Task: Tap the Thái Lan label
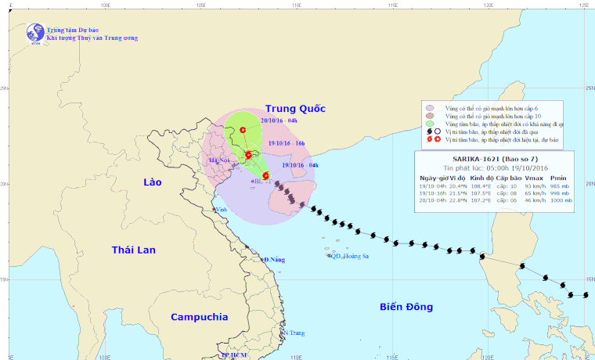click(134, 250)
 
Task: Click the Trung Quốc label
click(294, 108)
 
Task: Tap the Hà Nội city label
click(218, 160)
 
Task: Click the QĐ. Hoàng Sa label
click(348, 256)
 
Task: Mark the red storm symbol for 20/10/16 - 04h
click(243, 130)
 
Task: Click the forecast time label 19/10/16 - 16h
click(285, 144)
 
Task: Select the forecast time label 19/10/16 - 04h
click(300, 165)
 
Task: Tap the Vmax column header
click(532, 177)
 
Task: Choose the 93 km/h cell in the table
click(532, 185)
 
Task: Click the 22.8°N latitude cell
click(459, 201)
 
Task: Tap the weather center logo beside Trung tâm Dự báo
click(34, 33)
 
